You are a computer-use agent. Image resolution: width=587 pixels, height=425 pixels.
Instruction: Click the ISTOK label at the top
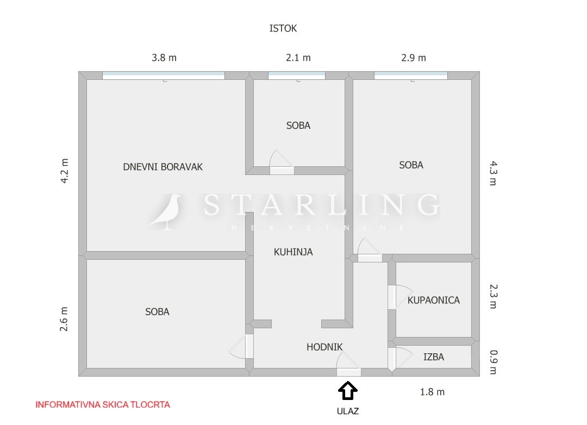point(283,28)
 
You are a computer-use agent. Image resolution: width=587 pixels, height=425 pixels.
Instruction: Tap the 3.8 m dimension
point(164,58)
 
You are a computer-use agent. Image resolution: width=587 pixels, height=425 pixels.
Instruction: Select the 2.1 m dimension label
point(298,58)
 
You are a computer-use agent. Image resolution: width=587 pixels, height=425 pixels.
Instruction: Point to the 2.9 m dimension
point(414,58)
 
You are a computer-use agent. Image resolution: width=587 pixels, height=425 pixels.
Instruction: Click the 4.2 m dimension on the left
point(64,171)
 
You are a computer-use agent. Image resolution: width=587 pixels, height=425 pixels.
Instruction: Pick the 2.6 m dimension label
point(64,319)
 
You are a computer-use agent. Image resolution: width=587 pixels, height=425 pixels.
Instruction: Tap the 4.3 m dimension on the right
point(494,173)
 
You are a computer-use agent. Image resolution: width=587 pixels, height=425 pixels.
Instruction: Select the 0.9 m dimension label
point(494,362)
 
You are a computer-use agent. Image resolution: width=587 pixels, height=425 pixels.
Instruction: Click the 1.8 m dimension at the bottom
point(433,392)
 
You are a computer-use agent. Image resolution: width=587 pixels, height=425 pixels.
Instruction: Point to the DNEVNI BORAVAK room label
point(163,167)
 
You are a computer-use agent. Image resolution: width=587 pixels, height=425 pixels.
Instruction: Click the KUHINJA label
point(293,252)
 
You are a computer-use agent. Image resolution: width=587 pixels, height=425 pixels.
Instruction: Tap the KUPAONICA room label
point(434,301)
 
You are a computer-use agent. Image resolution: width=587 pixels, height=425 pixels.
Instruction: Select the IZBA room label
point(434,357)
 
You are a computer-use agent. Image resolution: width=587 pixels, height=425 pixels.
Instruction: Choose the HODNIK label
point(324,347)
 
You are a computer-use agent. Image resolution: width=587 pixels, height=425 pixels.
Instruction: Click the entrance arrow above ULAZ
point(348,391)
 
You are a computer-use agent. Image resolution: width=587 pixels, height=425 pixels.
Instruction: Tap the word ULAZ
point(348,411)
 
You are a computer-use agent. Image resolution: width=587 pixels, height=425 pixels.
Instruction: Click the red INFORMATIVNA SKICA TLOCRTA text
point(103,405)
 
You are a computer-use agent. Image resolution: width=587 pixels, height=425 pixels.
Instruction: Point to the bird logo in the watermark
point(165,211)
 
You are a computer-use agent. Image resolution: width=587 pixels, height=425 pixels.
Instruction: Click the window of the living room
point(164,75)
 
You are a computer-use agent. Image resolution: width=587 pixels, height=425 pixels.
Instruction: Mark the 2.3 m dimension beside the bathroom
point(494,296)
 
